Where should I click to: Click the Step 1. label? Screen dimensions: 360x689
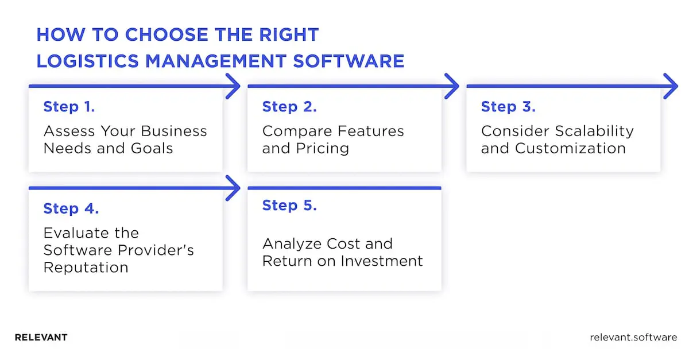coord(69,107)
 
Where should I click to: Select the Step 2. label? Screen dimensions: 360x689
coord(289,107)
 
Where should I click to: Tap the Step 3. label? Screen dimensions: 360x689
coord(508,107)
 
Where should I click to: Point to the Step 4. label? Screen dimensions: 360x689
coord(71,209)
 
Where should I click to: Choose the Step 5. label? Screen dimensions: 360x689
coord(289,206)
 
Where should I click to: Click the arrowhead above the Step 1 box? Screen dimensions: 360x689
coord(233,87)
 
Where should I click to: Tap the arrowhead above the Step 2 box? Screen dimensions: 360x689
coord(452,87)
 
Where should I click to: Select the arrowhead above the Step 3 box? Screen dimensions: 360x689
coord(671,87)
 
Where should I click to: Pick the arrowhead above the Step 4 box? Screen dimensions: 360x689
coord(233,188)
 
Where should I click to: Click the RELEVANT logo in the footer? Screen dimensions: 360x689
coord(41,338)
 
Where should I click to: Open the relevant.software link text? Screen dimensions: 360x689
coord(633,338)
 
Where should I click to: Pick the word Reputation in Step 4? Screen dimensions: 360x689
coord(86,267)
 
